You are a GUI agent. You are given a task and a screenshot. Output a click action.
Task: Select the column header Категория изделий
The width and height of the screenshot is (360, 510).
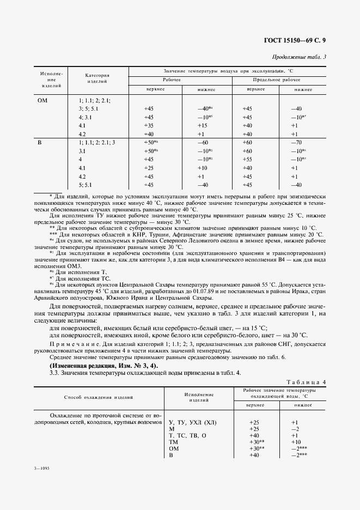click(97, 78)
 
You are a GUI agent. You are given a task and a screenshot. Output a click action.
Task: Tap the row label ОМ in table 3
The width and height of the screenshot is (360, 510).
click(42, 100)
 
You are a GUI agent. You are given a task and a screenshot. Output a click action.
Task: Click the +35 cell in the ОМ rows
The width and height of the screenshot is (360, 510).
click(149, 125)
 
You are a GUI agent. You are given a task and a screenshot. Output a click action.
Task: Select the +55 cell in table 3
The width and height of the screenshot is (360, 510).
click(247, 160)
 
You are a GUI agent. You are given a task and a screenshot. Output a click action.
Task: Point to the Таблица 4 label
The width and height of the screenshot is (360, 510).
click(306, 382)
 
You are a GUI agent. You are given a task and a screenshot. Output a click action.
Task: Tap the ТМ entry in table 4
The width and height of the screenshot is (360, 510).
click(175, 442)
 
